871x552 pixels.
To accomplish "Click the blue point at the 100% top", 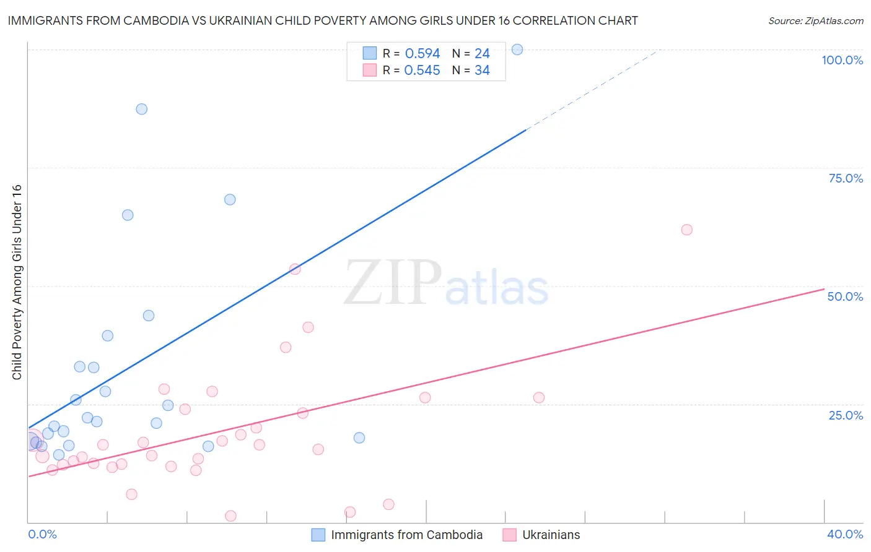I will pyautogui.click(x=517, y=50).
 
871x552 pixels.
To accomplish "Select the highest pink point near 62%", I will pyautogui.click(x=686, y=230).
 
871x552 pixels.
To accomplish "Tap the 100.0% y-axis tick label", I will pyautogui.click(x=842, y=60).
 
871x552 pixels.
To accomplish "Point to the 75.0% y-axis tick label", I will pyautogui.click(x=846, y=178).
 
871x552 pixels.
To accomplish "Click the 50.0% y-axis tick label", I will pyautogui.click(x=845, y=296).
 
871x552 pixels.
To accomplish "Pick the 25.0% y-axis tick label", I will pyautogui.click(x=846, y=415).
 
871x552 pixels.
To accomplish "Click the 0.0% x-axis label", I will pyautogui.click(x=43, y=534).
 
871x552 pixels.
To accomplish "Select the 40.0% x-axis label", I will pyautogui.click(x=845, y=534).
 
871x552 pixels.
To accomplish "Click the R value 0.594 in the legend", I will pyautogui.click(x=422, y=54).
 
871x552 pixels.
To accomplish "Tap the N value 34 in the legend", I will pyautogui.click(x=482, y=71).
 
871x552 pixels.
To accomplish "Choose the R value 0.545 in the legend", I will pyautogui.click(x=422, y=71).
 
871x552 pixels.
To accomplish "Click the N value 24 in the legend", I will pyautogui.click(x=482, y=54).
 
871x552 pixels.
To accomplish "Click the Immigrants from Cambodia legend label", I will pyautogui.click(x=406, y=535).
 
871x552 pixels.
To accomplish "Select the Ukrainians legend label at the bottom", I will pyautogui.click(x=551, y=535).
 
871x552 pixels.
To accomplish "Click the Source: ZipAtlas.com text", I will pyautogui.click(x=815, y=21).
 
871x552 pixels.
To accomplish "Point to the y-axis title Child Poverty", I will pyautogui.click(x=17, y=282).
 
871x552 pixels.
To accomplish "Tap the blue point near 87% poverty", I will pyautogui.click(x=142, y=109).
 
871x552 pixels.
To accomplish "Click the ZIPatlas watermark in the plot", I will pyautogui.click(x=446, y=283).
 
